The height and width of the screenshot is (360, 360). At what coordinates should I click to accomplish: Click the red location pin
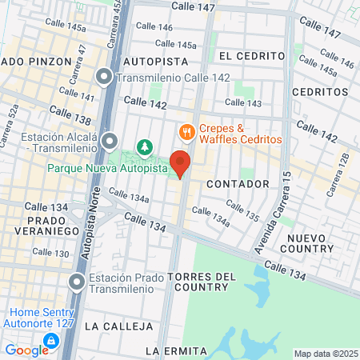pyautogui.click(x=180, y=163)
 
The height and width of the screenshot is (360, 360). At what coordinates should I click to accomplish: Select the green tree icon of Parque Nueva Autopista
pyautogui.click(x=145, y=146)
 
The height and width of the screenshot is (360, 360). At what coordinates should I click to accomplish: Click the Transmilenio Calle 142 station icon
pyautogui.click(x=105, y=78)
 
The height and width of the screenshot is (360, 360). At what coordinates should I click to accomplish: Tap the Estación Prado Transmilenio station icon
pyautogui.click(x=76, y=282)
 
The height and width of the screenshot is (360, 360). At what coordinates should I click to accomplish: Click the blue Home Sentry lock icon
pyautogui.click(x=51, y=340)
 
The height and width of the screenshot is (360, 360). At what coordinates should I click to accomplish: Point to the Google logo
pyautogui.click(x=26, y=350)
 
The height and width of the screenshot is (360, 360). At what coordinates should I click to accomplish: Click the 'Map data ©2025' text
pyautogui.click(x=326, y=354)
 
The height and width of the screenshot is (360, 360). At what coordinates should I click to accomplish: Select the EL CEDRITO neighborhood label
pyautogui.click(x=251, y=56)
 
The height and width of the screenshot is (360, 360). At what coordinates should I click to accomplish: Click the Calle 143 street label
pyautogui.click(x=243, y=102)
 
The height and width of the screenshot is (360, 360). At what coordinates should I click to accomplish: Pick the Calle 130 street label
pyautogui.click(x=50, y=253)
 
